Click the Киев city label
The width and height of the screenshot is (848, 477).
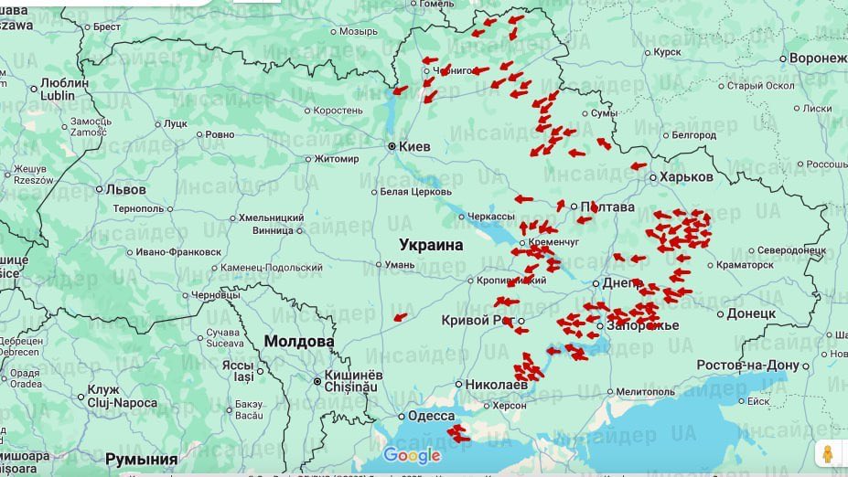tap(414, 146)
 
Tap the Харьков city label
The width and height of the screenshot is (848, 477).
tap(685, 176)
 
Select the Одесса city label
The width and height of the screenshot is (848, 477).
tap(431, 416)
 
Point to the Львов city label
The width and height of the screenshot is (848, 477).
tap(125, 190)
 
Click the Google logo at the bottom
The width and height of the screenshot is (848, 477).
tap(412, 455)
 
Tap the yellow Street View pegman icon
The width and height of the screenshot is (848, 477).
tap(828, 454)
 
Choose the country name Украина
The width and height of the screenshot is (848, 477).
tap(431, 245)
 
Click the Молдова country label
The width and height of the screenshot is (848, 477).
tap(299, 341)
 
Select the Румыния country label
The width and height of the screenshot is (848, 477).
tap(141, 458)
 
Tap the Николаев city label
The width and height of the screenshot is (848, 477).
tap(497, 385)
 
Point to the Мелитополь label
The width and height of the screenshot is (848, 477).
tap(645, 392)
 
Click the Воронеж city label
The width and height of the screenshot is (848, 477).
tap(819, 58)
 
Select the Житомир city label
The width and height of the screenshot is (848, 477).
tap(337, 159)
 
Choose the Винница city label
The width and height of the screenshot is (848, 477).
tap(274, 230)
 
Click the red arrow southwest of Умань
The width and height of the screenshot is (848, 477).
tap(400, 317)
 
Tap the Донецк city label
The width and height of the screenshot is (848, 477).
tap(750, 313)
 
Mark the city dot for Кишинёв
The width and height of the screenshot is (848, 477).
tap(317, 381)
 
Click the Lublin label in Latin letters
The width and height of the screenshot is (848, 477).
tap(59, 95)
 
